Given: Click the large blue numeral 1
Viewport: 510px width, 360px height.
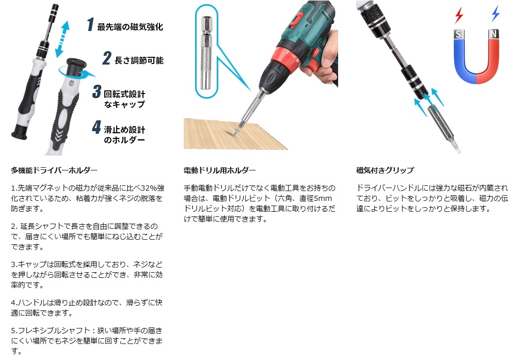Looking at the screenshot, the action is pos(91,24).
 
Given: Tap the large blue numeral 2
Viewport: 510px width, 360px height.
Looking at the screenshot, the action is pos(107,58).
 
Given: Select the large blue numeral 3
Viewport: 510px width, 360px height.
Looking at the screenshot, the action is pos(97,91).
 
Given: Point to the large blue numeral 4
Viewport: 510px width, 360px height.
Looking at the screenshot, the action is pos(97,127).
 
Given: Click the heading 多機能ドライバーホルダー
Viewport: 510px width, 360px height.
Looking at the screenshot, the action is pos(54,170).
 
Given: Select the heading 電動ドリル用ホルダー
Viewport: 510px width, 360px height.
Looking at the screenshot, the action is pos(219,170).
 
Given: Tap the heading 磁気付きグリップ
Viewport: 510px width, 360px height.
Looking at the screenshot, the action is pos(385,170).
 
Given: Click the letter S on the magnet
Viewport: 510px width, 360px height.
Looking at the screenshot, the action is pos(458,34).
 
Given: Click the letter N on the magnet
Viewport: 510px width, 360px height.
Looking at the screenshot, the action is pos(493,34).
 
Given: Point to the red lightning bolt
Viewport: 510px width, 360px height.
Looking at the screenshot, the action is pos(459,15).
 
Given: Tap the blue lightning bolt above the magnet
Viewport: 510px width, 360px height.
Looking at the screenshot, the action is pos(496,13).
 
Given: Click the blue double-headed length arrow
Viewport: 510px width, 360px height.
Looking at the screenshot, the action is pos(62,39).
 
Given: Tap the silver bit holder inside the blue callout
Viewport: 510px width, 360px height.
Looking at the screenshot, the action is pos(206,53).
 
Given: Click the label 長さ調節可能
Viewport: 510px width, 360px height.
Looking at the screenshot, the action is pos(139,60).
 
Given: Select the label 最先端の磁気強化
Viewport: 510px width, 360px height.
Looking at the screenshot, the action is pos(130,27).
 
